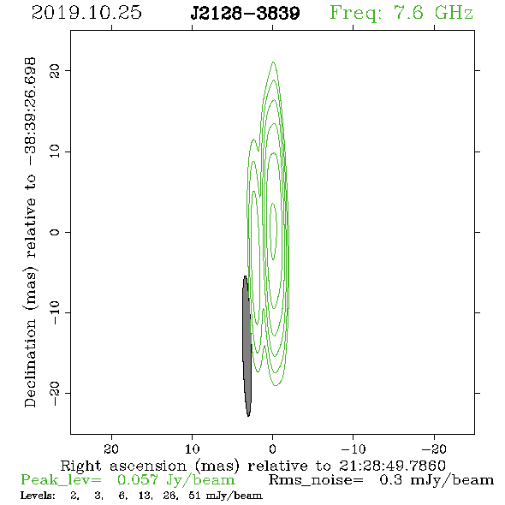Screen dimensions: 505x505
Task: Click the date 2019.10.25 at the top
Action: click(86, 13)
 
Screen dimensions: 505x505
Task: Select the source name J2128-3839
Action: click(245, 13)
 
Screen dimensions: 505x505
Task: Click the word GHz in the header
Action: click(454, 13)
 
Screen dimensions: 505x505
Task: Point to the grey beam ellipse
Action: click(247, 346)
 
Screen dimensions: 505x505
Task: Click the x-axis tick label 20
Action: click(111, 449)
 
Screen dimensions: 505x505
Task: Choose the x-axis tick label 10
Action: click(192, 449)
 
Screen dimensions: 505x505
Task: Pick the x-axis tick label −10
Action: click(353, 449)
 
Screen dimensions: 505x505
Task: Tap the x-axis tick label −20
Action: click(434, 449)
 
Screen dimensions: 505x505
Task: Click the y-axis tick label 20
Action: click(55, 70)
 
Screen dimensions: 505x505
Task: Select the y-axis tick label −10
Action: click(55, 312)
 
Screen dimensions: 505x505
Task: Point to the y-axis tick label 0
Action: click(55, 232)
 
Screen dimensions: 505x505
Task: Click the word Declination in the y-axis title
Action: click(30, 363)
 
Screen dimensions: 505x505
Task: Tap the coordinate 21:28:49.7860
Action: click(392, 466)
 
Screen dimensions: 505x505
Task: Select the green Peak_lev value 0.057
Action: click(138, 480)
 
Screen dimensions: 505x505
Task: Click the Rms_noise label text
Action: click(316, 480)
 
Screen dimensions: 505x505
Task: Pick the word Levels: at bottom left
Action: click(38, 496)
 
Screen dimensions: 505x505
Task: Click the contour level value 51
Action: click(194, 496)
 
